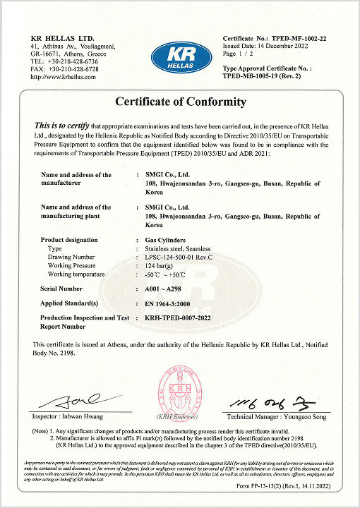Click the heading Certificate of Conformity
[x=180, y=102]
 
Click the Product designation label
[x=69, y=241]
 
